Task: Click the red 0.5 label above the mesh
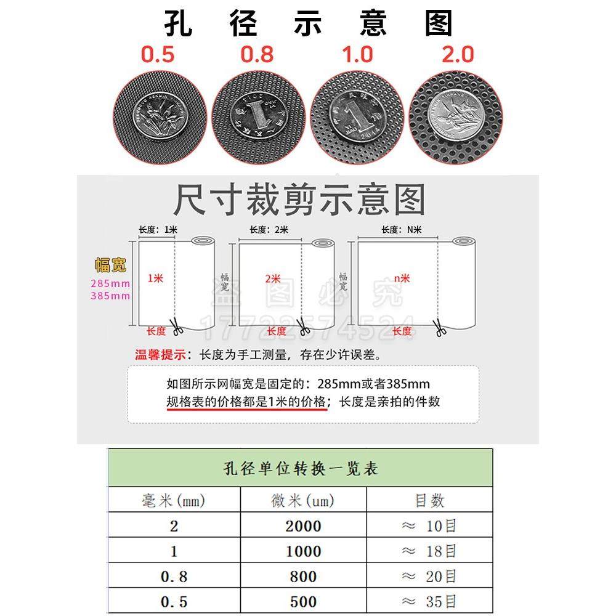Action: click(158, 54)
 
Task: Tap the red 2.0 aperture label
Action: click(458, 54)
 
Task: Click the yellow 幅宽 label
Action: click(110, 265)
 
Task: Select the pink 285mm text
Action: click(110, 283)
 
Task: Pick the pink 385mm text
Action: click(110, 296)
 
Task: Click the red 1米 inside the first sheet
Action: click(155, 278)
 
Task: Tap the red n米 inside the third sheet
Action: click(402, 278)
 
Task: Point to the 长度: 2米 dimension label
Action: click(269, 230)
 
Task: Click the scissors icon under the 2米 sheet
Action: click(302, 328)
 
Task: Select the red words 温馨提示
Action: click(160, 355)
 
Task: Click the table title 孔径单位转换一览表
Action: click(300, 469)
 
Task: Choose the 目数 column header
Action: click(429, 500)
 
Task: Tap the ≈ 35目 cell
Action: click(429, 601)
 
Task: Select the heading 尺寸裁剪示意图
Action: click(299, 200)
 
